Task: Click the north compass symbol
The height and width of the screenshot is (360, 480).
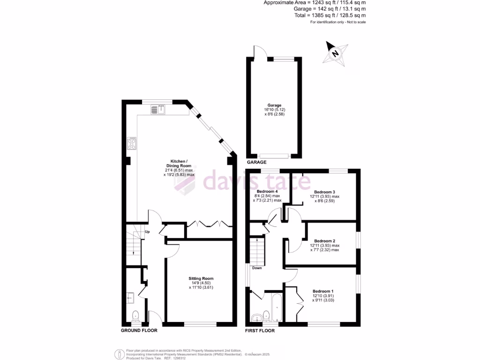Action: pos(336,52)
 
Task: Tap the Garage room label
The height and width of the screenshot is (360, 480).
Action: pos(275,105)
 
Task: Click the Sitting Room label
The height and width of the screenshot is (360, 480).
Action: pos(201,278)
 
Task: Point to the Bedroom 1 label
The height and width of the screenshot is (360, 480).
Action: pos(323,291)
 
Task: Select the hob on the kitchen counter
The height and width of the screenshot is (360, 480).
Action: pos(132,143)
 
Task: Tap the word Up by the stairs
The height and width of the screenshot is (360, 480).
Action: pos(147,232)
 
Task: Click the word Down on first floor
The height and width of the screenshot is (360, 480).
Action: pos(257,268)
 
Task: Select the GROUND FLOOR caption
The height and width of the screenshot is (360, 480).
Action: pos(139,330)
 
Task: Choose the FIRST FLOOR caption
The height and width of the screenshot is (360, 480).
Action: pos(260,330)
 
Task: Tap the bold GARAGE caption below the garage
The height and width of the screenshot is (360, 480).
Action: pos(257,162)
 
